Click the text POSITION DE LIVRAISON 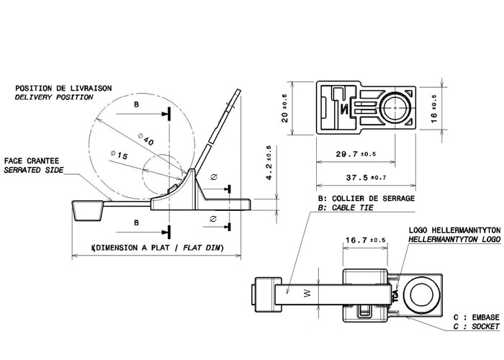click(64, 87)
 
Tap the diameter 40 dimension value click(144, 140)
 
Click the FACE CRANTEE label click(32, 161)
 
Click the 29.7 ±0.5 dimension click(351, 153)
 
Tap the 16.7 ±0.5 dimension click(366, 239)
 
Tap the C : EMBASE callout click(476, 317)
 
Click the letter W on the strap click(305, 293)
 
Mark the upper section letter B click(137, 104)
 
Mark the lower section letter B click(137, 223)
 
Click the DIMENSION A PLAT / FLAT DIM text click(158, 248)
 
